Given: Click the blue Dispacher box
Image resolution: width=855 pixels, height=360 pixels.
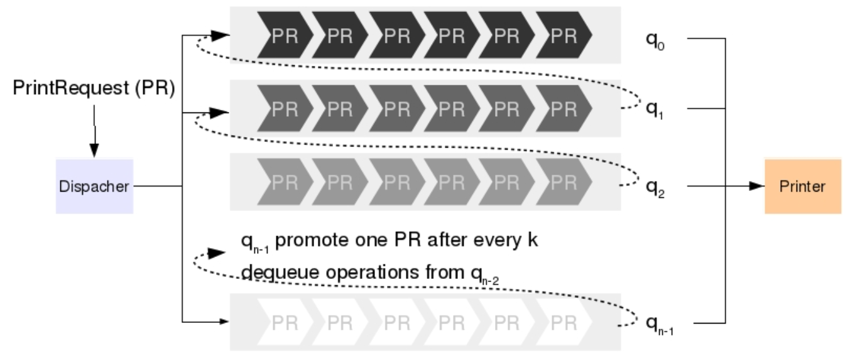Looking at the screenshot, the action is click(94, 186).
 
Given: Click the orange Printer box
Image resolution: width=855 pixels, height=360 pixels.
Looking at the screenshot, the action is click(802, 187).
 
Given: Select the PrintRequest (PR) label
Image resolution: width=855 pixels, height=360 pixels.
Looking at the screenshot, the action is click(94, 89).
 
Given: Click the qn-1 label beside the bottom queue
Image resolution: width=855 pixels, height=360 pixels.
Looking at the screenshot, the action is click(660, 324).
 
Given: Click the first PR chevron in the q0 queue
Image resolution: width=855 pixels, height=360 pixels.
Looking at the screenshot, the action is click(282, 36).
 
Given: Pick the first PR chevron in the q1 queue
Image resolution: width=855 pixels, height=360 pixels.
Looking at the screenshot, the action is click(282, 109).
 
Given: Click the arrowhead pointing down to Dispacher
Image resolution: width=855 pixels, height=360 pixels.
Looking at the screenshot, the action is click(94, 150).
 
